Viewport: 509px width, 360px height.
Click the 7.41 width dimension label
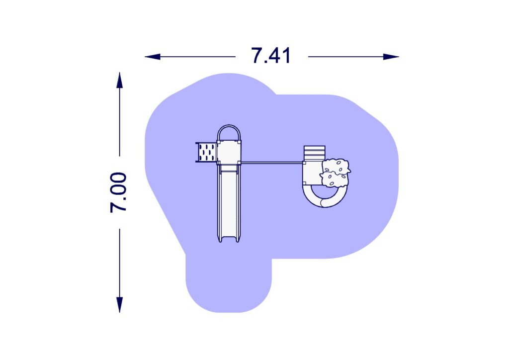tap(271, 56)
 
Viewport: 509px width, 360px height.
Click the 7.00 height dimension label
tap(119, 192)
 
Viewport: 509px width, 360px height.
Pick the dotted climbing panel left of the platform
tap(206, 152)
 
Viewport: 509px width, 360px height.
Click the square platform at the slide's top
tap(229, 152)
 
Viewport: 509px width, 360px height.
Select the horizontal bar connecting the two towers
tap(271, 163)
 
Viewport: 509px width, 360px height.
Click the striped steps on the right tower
tap(314, 152)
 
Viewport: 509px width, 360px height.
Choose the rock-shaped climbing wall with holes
tap(335, 173)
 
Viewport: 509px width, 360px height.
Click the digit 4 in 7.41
tap(276, 56)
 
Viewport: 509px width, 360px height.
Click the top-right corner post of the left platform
tap(240, 142)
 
